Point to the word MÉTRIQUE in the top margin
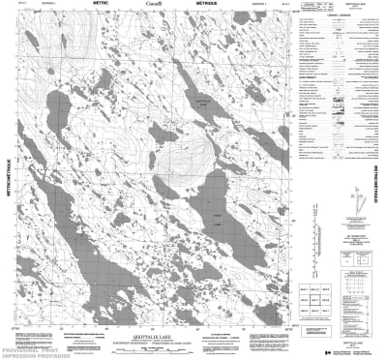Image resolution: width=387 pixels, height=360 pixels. [x=215, y=5]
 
